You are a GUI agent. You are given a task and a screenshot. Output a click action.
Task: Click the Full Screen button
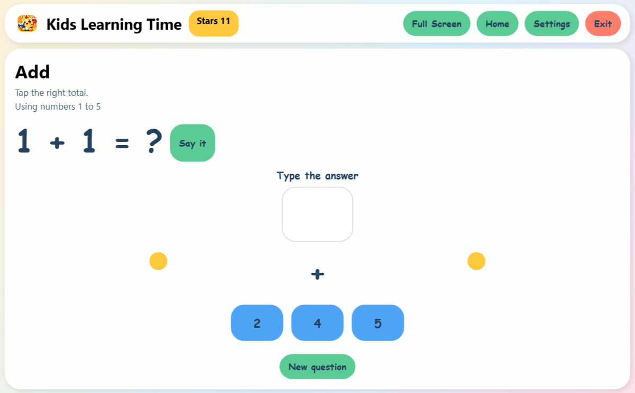pos(437,24)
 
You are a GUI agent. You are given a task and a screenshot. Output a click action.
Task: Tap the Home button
pos(497,24)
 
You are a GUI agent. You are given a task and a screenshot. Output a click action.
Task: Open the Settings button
pos(551,24)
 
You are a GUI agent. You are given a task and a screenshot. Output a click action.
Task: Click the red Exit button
pos(603,24)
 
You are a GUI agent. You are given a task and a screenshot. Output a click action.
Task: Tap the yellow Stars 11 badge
pos(213,23)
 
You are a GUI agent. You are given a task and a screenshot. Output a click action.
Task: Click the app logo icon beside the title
pos(27,23)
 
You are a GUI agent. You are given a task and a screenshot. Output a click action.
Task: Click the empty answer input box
pos(317,214)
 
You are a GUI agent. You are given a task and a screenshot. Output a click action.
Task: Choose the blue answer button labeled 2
pos(257,323)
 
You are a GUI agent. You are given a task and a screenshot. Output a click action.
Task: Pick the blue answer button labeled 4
pos(317,323)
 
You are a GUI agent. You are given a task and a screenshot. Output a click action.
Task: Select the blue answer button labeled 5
pos(378,323)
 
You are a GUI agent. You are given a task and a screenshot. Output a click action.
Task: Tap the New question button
pos(317,367)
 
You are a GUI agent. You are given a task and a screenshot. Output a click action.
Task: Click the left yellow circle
pos(158,261)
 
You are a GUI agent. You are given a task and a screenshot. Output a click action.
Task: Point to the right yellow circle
pos(476,261)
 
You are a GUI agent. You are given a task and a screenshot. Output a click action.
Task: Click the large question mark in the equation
pos(154,142)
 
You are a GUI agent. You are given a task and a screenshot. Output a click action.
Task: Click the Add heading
pos(32,72)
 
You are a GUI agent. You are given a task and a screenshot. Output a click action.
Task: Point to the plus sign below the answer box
pos(317,274)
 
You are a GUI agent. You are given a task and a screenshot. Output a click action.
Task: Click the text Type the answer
pos(317,176)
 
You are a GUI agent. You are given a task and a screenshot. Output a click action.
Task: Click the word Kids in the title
pos(61,24)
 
